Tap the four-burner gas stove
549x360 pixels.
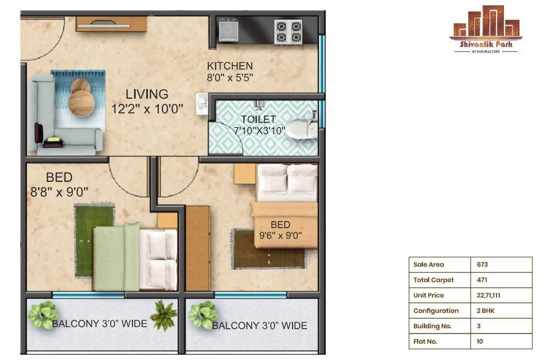[x=288, y=31]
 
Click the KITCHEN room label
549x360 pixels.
[x=229, y=66]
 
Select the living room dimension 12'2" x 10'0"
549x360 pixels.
[x=147, y=110]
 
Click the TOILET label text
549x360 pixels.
[x=258, y=119]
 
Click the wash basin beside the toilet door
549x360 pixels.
[x=202, y=104]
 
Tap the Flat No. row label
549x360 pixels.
[x=425, y=341]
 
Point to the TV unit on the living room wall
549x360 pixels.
[x=111, y=23]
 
